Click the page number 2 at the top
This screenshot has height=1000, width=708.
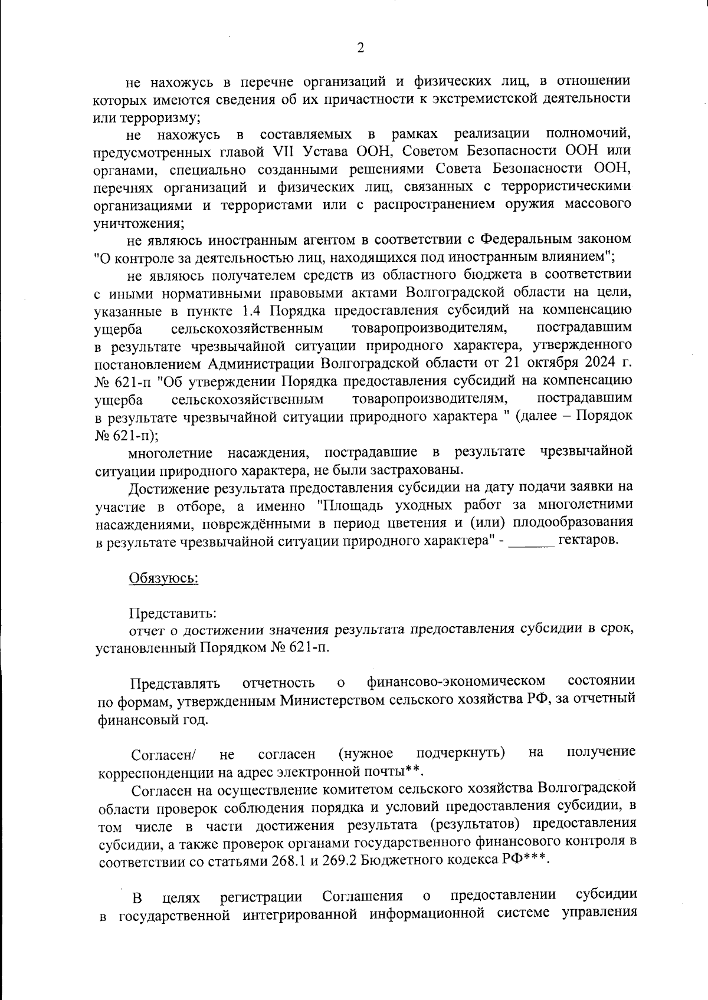360,48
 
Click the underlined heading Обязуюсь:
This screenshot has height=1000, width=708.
163,578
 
